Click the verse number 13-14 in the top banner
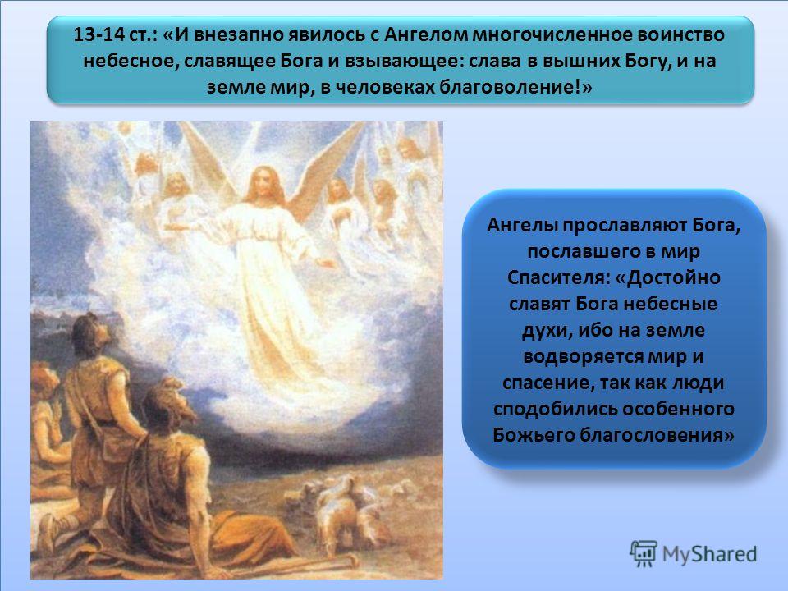94,35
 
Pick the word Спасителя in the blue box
557,277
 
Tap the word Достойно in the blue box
673,277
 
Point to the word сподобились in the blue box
556,409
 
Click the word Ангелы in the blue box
521,226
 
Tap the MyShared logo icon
644,553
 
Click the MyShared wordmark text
709,554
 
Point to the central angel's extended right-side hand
327,262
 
